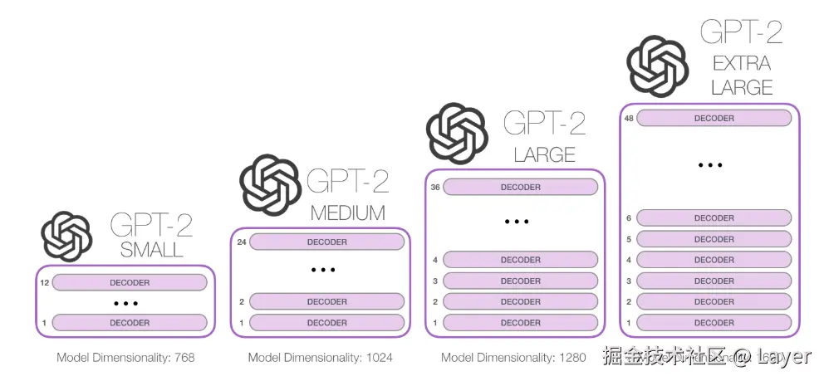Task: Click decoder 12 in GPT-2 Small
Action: (x=130, y=283)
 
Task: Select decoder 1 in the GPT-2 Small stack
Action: (x=130, y=323)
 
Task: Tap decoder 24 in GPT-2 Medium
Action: (x=326, y=242)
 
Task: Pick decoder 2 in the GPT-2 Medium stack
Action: (x=326, y=302)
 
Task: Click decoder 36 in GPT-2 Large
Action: (x=520, y=188)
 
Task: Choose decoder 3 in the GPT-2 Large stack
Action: (x=520, y=281)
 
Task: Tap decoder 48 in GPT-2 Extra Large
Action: (x=714, y=119)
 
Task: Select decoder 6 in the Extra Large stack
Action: (x=714, y=218)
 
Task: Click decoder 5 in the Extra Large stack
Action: (x=714, y=239)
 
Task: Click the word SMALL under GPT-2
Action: (x=151, y=250)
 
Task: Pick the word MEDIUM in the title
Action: (x=347, y=213)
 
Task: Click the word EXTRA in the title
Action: (x=742, y=62)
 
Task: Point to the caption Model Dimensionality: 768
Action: (x=125, y=358)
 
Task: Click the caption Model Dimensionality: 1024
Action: (x=320, y=358)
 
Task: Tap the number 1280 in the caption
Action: (x=571, y=358)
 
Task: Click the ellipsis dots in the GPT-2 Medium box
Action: (x=322, y=271)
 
